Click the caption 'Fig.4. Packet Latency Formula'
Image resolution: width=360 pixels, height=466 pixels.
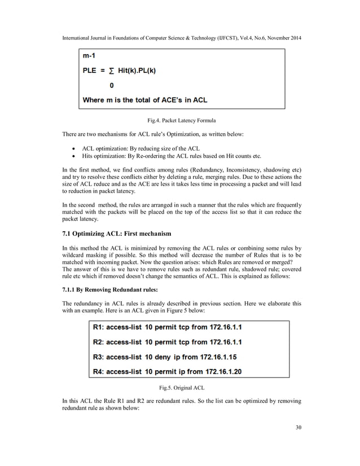click(181, 120)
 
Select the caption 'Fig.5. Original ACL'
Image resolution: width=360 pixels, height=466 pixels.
click(181, 388)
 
